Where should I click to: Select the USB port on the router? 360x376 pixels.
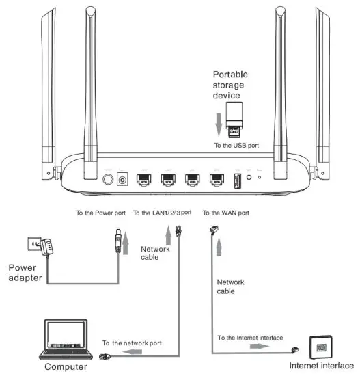tap(237, 181)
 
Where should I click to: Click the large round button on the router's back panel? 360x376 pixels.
tap(107, 180)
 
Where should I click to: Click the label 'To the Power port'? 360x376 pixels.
tap(100, 213)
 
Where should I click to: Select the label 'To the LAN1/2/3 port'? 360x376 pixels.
tap(163, 213)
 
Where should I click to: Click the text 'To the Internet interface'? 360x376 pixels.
tap(259, 337)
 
